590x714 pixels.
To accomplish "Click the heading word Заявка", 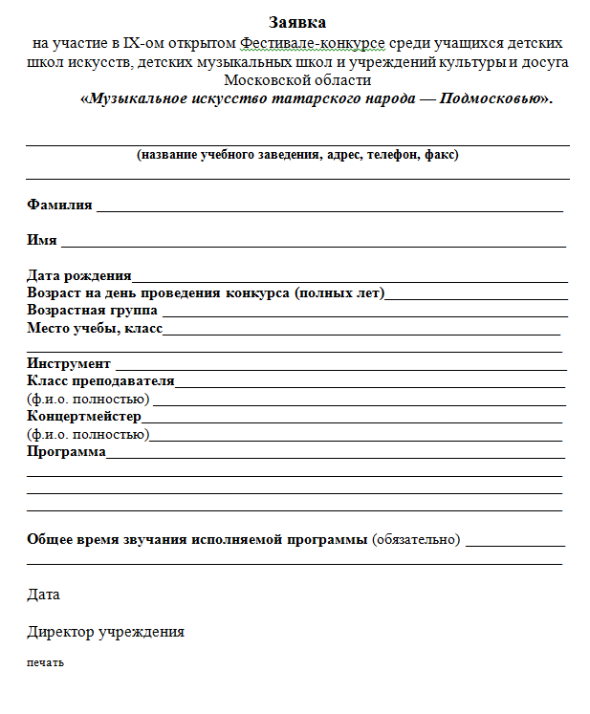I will (x=297, y=22).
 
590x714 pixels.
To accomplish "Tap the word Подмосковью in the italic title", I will (x=490, y=99).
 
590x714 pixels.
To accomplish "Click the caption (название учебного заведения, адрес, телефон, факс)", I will (x=298, y=155).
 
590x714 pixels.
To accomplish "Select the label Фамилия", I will (x=59, y=205).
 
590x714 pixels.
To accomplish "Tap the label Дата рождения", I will (x=80, y=275).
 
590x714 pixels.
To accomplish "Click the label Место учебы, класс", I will (x=95, y=329).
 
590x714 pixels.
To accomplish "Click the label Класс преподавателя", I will (x=100, y=381).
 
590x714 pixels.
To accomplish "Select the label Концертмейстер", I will (x=84, y=417).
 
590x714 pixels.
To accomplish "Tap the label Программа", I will (x=66, y=451).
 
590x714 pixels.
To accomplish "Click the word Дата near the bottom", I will (x=43, y=595).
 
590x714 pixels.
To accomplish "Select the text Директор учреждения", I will (x=105, y=632).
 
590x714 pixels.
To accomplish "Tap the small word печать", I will (x=45, y=662).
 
